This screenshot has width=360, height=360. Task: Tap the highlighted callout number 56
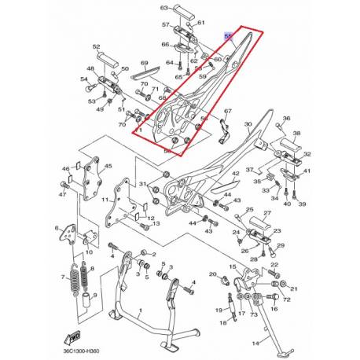pyautogui.click(x=228, y=36)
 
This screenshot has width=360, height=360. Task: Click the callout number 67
pyautogui.click(x=227, y=112)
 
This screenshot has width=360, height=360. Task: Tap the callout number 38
pyautogui.click(x=287, y=119)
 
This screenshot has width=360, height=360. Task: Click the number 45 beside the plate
pyautogui.click(x=108, y=166)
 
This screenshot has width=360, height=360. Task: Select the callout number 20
pyautogui.click(x=212, y=274)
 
